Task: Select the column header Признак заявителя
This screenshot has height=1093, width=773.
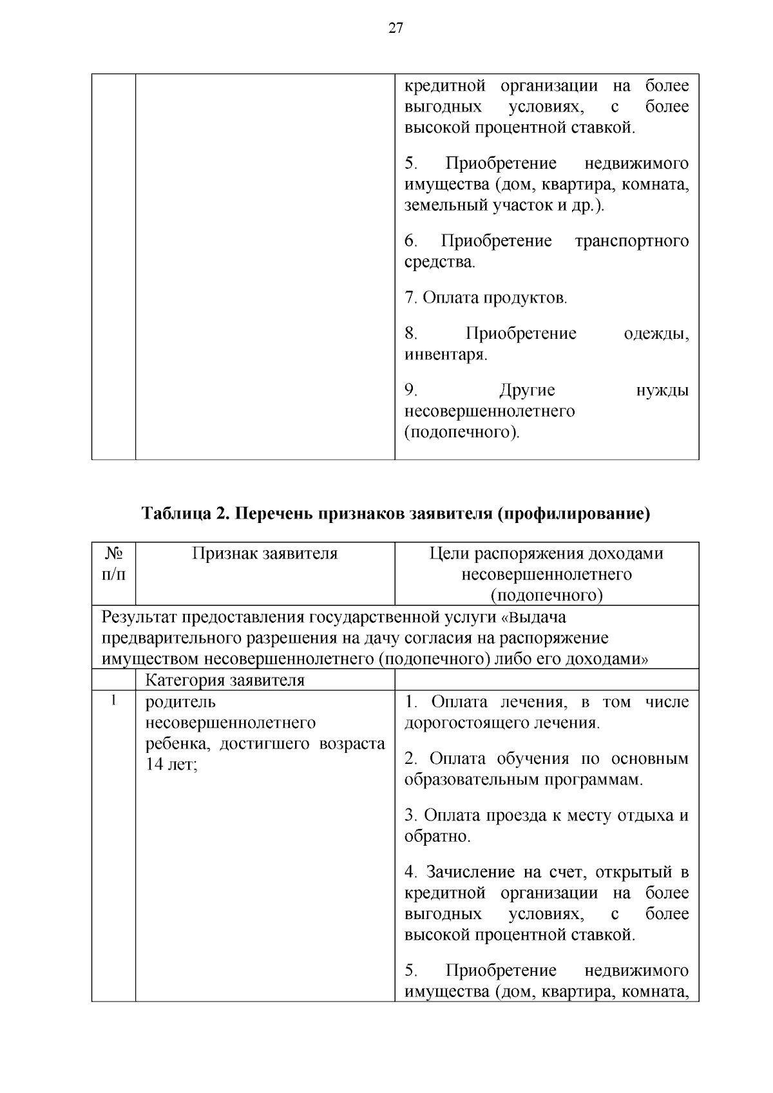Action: pos(265,553)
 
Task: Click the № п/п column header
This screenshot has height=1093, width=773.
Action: pos(113,563)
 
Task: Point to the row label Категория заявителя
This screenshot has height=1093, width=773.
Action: pos(225,680)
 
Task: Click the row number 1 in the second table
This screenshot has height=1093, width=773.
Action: pos(113,701)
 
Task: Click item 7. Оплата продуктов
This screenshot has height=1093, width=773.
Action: pos(486,298)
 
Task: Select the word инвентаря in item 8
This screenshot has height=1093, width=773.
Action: pos(444,354)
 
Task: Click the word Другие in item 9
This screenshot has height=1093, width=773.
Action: pos(526,390)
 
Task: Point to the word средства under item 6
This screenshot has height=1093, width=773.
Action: pos(439,262)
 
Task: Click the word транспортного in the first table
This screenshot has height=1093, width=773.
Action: pos(631,241)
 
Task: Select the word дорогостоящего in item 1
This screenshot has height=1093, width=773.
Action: pos(467,723)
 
